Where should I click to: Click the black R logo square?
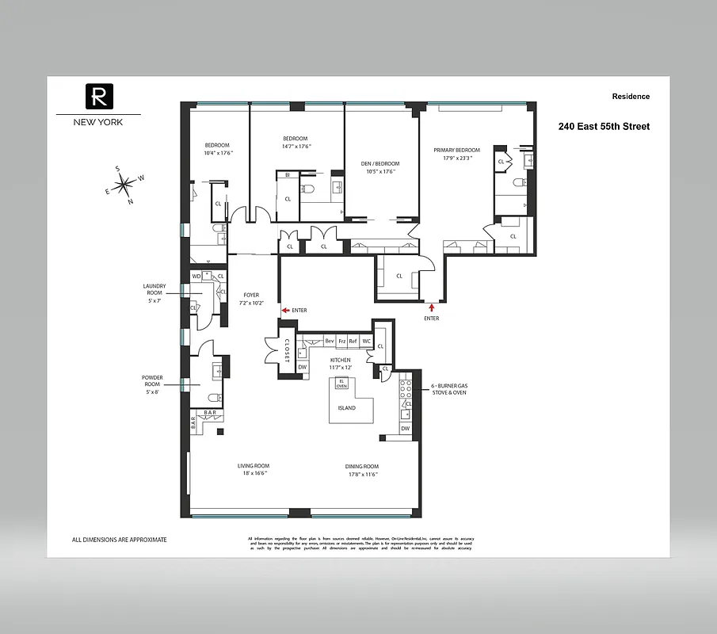tap(99, 97)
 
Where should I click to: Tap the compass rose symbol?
tap(124, 185)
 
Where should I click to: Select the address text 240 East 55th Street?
tap(604, 126)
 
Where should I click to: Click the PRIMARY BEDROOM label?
tap(456, 150)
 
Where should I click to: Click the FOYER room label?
tap(251, 295)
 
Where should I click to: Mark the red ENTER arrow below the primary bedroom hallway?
tap(432, 307)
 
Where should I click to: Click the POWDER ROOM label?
tap(152, 382)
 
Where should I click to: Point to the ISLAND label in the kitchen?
tap(346, 408)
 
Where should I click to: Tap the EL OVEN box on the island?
tap(341, 384)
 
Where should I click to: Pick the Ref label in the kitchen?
tap(353, 341)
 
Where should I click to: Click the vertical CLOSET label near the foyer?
tap(286, 350)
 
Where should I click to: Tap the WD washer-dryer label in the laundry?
tap(196, 277)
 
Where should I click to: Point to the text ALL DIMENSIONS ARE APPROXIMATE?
tap(119, 540)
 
